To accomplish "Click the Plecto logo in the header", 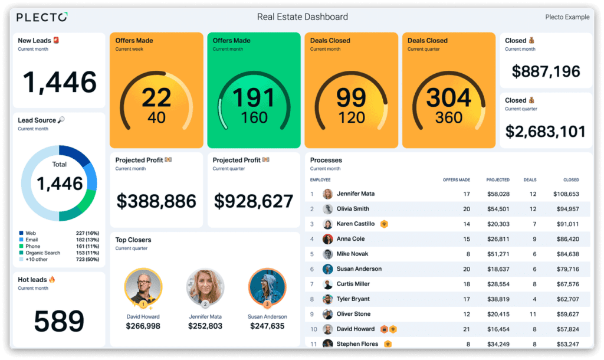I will (41, 17).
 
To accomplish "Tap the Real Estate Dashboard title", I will (302, 17).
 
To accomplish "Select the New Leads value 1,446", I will (60, 82).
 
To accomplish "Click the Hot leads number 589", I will (59, 320).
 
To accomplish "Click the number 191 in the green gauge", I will (253, 98).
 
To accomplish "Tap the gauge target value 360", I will (448, 117).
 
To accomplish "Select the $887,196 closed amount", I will (546, 72).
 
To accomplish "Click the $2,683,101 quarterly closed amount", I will (546, 131).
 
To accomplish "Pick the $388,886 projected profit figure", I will (156, 201).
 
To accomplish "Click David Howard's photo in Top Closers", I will (143, 287).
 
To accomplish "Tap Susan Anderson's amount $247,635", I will (267, 326).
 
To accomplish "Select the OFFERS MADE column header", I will (456, 180).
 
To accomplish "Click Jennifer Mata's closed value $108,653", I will (566, 194).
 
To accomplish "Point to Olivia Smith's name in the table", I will (353, 209).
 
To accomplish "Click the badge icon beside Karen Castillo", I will (383, 224).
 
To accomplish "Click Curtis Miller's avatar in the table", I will (328, 284).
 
